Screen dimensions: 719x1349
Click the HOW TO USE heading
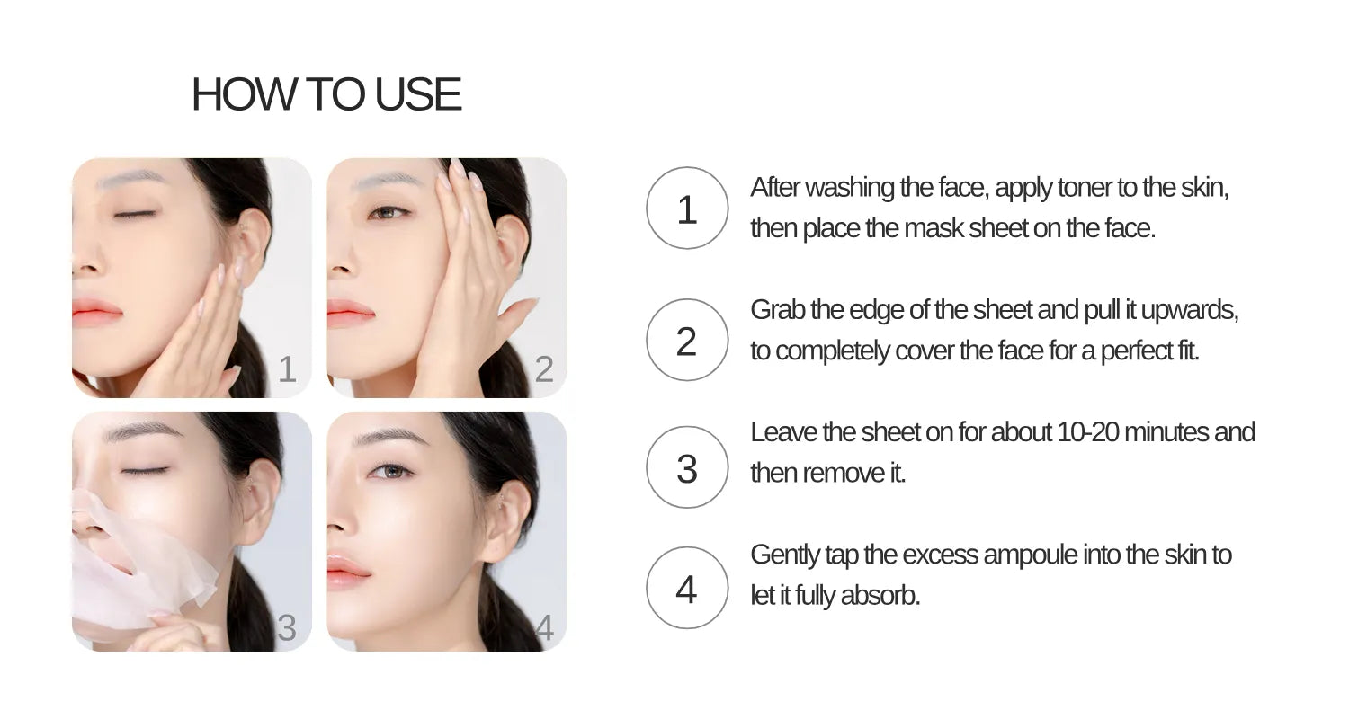(326, 94)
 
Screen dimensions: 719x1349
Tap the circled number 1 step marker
(686, 209)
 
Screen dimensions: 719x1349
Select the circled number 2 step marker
(686, 341)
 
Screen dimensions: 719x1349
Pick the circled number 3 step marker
(686, 468)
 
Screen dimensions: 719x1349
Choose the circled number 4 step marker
(686, 590)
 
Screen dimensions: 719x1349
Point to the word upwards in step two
(1192, 311)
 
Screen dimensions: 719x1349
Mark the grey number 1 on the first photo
(287, 369)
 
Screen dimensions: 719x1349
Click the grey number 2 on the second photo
(544, 369)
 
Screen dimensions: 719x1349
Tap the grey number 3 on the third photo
(287, 628)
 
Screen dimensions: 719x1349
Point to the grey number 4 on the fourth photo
(544, 628)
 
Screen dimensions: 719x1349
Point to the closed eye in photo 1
(135, 214)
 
